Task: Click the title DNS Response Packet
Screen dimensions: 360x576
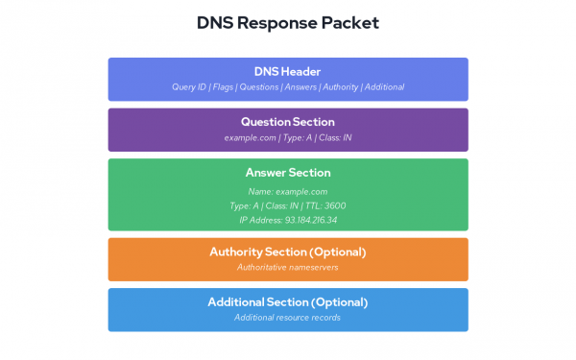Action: [x=288, y=21]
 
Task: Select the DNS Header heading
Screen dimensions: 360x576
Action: [x=288, y=71]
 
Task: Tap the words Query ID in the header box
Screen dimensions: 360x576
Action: [x=190, y=86]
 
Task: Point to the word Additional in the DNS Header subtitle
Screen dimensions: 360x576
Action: [x=384, y=86]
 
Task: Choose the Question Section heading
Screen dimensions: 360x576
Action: [x=288, y=122]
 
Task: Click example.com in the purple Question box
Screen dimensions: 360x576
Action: [x=244, y=137]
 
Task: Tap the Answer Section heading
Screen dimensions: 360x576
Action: [x=288, y=173]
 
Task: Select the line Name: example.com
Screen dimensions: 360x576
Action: [x=288, y=191]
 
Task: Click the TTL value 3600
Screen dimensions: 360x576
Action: [x=334, y=205]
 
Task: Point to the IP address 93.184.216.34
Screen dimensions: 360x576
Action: [x=310, y=220]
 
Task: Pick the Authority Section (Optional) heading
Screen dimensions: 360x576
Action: [x=288, y=252]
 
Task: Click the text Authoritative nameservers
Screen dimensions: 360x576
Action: [x=288, y=267]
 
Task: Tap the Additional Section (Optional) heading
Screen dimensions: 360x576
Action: [x=288, y=302]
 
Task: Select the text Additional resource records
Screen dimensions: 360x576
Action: [x=288, y=317]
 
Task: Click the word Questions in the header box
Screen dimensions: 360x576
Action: [x=261, y=86]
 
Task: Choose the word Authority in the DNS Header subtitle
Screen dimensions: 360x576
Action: [x=342, y=86]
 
